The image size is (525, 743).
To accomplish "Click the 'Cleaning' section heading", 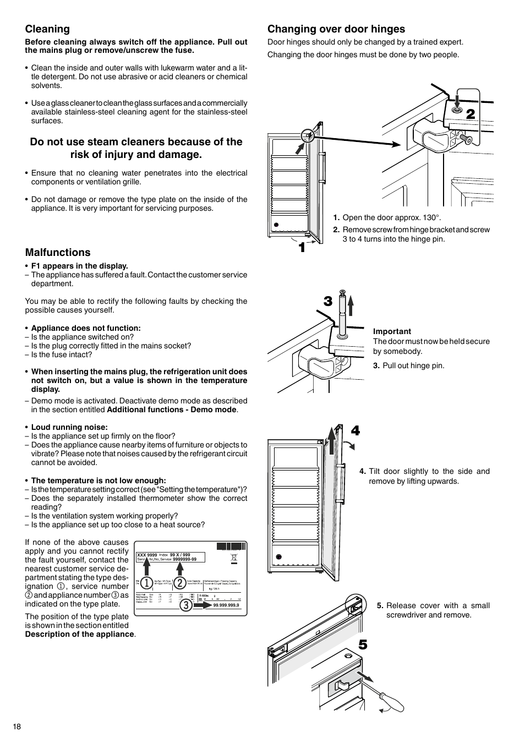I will click(x=47, y=29).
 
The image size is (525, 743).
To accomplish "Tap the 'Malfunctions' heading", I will click(x=58, y=253).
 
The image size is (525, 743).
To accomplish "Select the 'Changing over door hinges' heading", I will click(x=336, y=29).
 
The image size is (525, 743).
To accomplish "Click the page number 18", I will click(x=17, y=726).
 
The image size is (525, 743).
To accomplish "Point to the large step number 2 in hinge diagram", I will click(x=470, y=114).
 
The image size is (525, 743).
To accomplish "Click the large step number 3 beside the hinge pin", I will click(x=328, y=301).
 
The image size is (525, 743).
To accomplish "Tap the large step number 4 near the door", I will click(x=355, y=431).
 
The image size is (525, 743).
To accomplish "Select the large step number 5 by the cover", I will click(x=362, y=644).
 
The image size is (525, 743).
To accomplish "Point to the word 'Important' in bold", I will click(x=392, y=331).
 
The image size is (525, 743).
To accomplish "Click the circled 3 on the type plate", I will click(x=185, y=605).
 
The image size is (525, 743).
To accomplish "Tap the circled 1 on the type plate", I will click(x=146, y=583).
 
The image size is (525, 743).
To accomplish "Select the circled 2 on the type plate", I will click(x=179, y=583).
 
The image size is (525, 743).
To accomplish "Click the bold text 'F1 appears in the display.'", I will click(x=79, y=266).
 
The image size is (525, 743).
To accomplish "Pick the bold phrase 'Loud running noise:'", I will click(x=69, y=427).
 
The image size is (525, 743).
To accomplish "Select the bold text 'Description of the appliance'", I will click(x=79, y=634).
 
